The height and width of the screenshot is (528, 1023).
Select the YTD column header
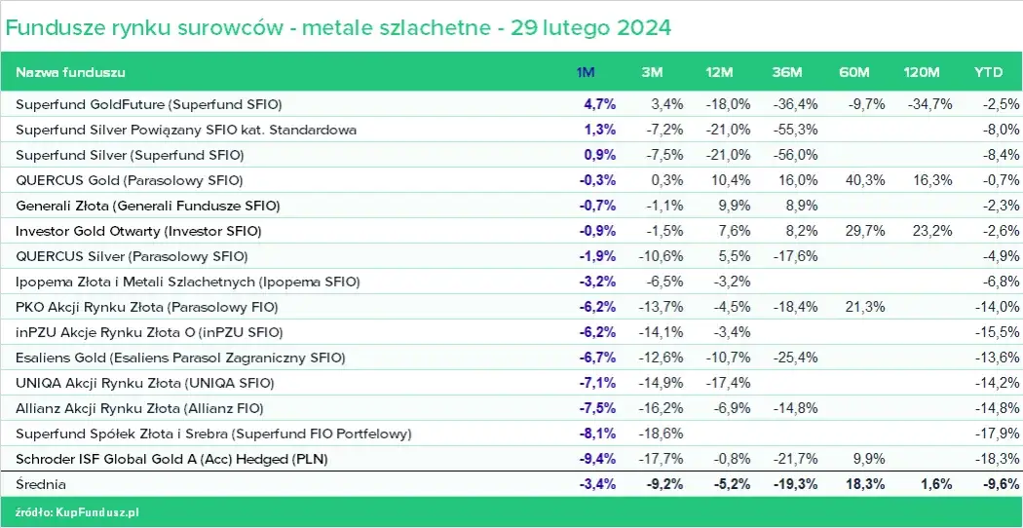[x=989, y=73]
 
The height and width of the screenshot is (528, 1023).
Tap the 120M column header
[x=921, y=73]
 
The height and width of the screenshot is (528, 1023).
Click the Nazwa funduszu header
[x=70, y=73]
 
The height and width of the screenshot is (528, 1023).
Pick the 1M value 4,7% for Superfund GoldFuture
[x=599, y=104]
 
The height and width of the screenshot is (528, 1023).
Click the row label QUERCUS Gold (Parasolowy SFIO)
[x=130, y=180]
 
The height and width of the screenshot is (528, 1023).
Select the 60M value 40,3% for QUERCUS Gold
[x=864, y=180]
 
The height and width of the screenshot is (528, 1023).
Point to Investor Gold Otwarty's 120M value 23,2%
[x=931, y=231]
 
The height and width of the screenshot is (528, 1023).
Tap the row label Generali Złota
[x=147, y=206]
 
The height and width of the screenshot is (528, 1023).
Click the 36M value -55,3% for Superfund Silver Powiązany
[x=796, y=130]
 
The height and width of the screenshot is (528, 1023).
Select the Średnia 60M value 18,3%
[x=864, y=483]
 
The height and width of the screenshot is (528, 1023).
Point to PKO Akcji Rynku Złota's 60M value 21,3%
[x=864, y=307]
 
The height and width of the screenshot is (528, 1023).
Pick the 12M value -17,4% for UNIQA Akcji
[x=729, y=382]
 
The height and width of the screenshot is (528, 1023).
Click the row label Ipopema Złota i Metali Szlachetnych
[x=188, y=282]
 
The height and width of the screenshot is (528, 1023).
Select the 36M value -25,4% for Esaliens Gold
[x=796, y=357]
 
